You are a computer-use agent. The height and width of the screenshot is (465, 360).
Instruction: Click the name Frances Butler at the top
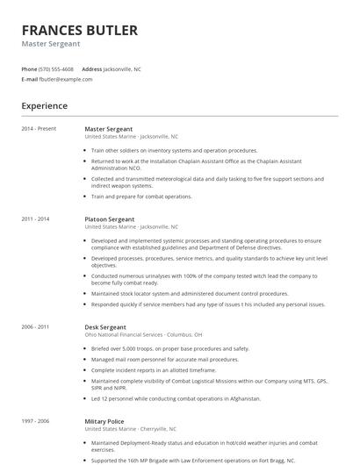[x=79, y=31]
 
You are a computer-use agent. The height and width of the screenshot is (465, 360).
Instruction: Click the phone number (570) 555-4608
[x=57, y=68]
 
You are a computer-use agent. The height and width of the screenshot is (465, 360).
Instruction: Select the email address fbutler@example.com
[x=66, y=79]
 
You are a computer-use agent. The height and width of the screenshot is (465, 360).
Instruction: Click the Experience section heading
[x=45, y=106]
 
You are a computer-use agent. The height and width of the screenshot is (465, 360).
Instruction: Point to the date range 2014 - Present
[x=39, y=129]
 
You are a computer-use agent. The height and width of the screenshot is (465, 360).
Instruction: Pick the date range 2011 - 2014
[x=35, y=218]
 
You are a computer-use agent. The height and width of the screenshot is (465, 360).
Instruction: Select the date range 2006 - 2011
[x=35, y=326]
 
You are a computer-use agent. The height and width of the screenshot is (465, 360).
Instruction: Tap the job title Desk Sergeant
[x=105, y=326]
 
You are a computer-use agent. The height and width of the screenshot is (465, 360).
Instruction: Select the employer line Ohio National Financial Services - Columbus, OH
[x=143, y=334]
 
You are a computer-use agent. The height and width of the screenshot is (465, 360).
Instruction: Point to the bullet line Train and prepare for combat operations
[x=140, y=197]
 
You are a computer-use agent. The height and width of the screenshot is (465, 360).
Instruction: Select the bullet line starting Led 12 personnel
[x=176, y=398]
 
